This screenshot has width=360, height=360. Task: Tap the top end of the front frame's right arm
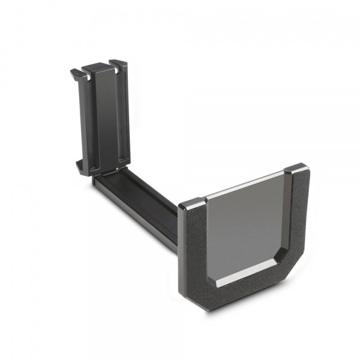click(x=296, y=169)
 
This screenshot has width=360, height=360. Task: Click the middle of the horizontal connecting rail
click(x=138, y=201)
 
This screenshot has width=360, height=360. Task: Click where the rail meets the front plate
click(x=178, y=231)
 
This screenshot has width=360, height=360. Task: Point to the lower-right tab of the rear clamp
click(x=123, y=159)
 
